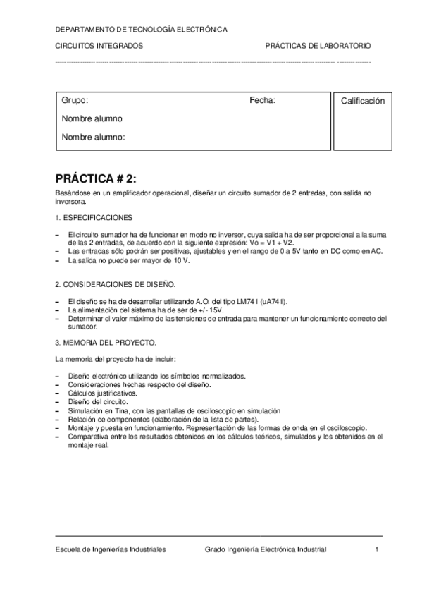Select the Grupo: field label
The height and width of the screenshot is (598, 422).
pyautogui.click(x=75, y=101)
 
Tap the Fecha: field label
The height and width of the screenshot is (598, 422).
pyautogui.click(x=263, y=101)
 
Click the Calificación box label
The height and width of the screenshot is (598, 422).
pyautogui.click(x=363, y=102)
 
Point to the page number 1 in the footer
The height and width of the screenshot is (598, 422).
pyautogui.click(x=378, y=550)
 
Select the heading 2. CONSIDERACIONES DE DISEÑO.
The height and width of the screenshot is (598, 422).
pyautogui.click(x=115, y=284)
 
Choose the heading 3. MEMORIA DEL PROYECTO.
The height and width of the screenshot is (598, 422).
pyautogui.click(x=106, y=342)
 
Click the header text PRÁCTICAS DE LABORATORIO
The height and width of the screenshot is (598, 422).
pyautogui.click(x=318, y=46)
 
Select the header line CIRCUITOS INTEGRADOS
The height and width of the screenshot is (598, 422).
pyautogui.click(x=99, y=46)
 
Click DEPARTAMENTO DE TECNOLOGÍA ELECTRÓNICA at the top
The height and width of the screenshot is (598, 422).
pyautogui.click(x=141, y=30)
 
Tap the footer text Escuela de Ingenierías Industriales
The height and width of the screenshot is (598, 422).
pyautogui.click(x=111, y=550)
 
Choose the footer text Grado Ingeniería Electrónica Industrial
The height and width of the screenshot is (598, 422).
pyautogui.click(x=266, y=550)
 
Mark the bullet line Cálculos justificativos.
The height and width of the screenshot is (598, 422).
pyautogui.click(x=102, y=393)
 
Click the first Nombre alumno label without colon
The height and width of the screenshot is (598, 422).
pyautogui.click(x=92, y=118)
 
